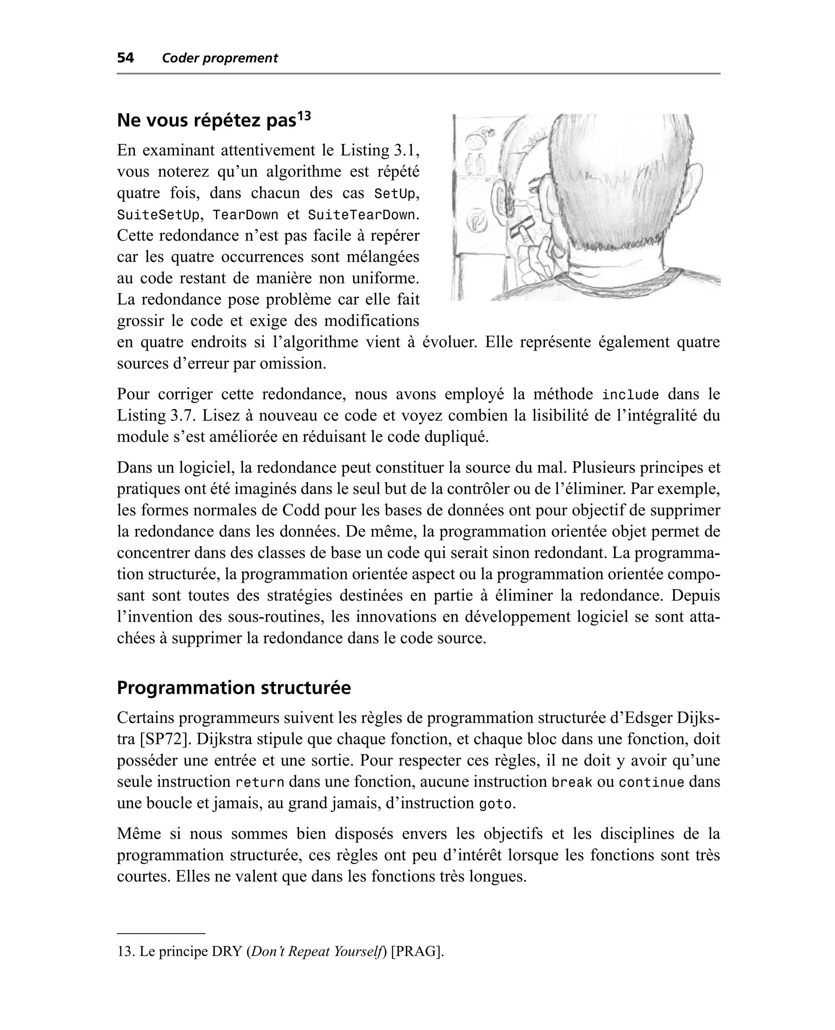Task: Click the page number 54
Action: point(126,58)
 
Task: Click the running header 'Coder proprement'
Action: point(220,58)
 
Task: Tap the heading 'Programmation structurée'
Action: point(234,688)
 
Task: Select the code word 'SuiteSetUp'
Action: point(158,215)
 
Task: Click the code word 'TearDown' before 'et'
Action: point(245,215)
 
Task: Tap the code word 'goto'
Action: point(495,803)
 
